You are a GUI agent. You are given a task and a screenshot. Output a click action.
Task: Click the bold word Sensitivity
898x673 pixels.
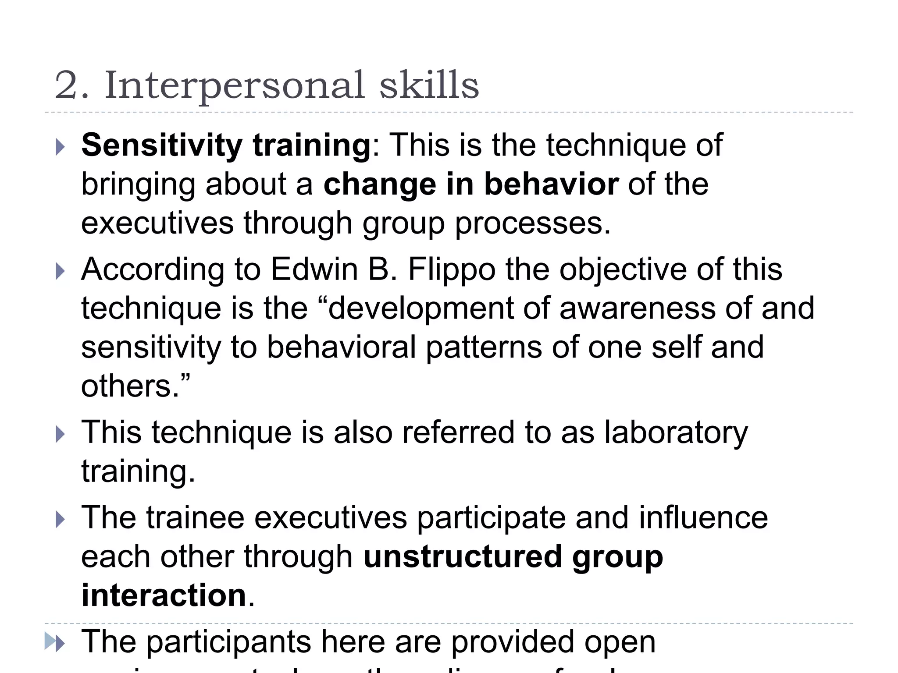point(161,145)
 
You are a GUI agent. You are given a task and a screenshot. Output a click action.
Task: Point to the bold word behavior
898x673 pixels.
point(551,184)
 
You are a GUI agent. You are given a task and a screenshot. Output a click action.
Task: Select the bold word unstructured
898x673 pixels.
point(463,556)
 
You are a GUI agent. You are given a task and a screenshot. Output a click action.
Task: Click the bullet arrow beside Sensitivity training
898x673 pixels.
point(61,147)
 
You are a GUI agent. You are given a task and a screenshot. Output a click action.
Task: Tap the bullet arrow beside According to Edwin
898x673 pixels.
point(61,272)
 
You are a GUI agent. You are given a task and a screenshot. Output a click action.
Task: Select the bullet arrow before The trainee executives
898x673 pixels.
point(61,520)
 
